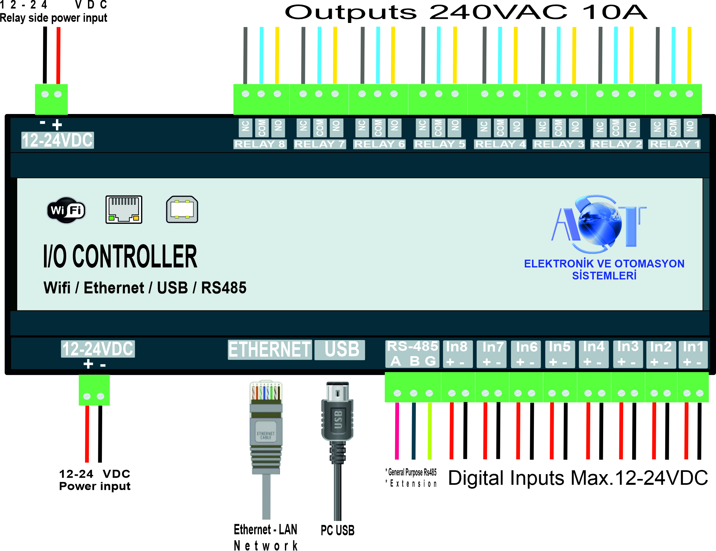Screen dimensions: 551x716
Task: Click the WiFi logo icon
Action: tap(66, 210)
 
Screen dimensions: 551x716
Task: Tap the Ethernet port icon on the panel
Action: tap(124, 210)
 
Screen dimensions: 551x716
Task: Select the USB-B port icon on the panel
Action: tap(182, 210)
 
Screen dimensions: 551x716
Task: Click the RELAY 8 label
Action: tap(260, 144)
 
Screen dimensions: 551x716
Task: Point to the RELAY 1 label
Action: tap(674, 144)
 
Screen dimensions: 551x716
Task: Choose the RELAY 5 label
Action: tap(439, 144)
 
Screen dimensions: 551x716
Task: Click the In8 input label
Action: tap(457, 354)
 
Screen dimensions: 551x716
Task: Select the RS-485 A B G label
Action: tap(412, 354)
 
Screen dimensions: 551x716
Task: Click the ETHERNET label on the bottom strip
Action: tap(269, 349)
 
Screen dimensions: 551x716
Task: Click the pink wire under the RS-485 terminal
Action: tap(397, 431)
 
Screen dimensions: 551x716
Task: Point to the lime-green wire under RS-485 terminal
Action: tap(429, 431)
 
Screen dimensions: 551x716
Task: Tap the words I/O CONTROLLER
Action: tap(120, 257)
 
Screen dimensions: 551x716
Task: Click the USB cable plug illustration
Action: tap(337, 416)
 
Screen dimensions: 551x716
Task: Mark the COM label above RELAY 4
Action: tap(500, 127)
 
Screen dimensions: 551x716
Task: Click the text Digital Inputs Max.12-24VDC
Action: tap(578, 478)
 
